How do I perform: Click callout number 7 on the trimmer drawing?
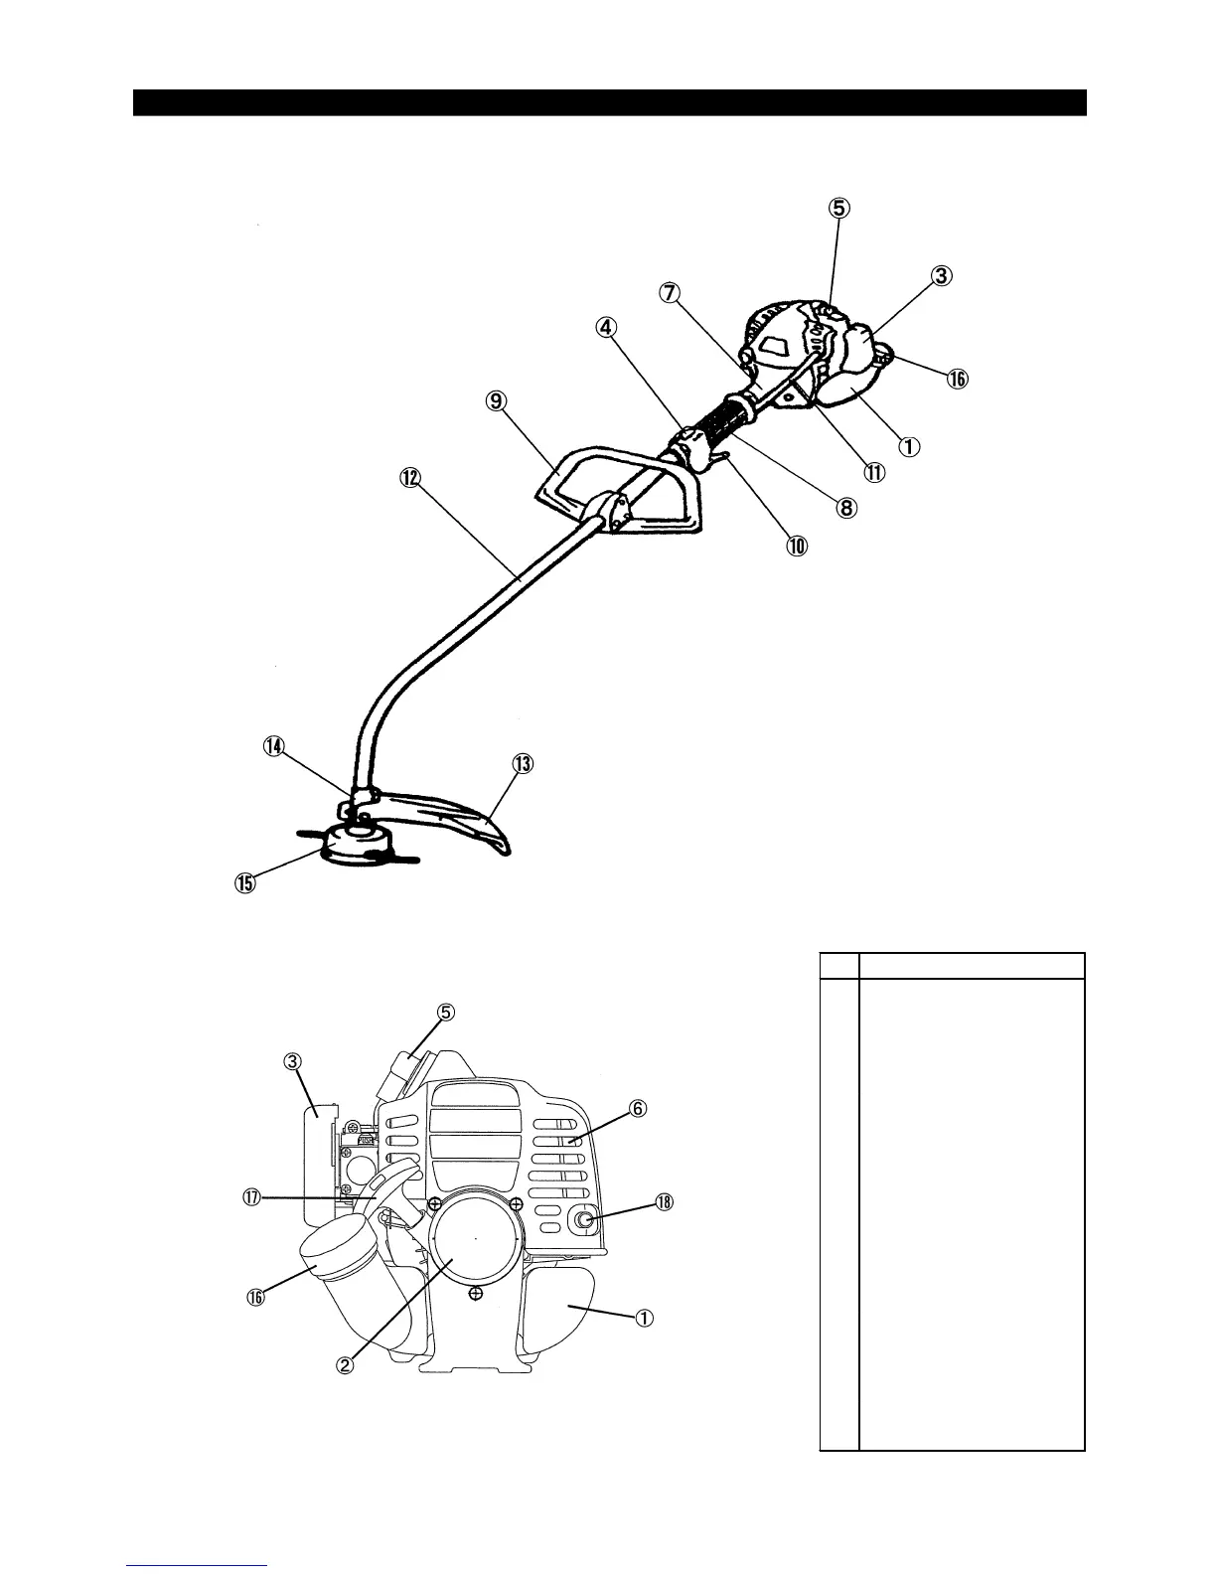tap(670, 293)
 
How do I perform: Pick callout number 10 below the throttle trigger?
tap(798, 545)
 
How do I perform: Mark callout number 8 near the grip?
tap(845, 508)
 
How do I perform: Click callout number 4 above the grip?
tap(608, 326)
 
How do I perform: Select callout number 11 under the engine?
tap(873, 473)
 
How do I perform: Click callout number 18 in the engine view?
tap(664, 1202)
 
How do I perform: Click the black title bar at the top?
tap(609, 102)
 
